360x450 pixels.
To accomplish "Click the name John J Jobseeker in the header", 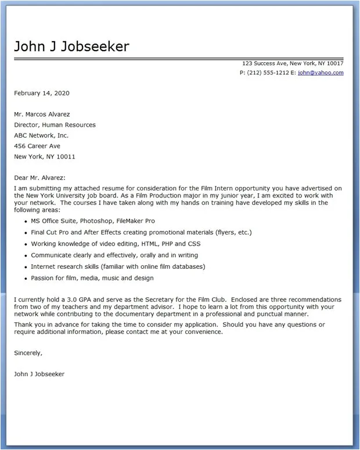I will click(71, 46).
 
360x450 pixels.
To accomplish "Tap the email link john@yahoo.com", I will click(321, 73).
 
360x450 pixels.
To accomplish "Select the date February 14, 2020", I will click(42, 93).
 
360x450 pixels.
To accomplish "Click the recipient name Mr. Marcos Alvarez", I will click(46, 114).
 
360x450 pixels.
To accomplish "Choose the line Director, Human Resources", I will click(55, 125).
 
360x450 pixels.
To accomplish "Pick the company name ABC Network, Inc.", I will click(41, 135).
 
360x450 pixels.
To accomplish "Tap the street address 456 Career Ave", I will click(37, 146).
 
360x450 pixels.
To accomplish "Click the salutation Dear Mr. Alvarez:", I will click(40, 178).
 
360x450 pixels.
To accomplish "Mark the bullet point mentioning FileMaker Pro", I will click(93, 221).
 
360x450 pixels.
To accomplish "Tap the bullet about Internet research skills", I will click(118, 267).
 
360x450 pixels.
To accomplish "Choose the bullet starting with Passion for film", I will click(92, 278).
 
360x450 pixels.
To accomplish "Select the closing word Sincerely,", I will click(28, 352).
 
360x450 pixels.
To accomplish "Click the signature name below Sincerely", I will click(39, 374).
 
